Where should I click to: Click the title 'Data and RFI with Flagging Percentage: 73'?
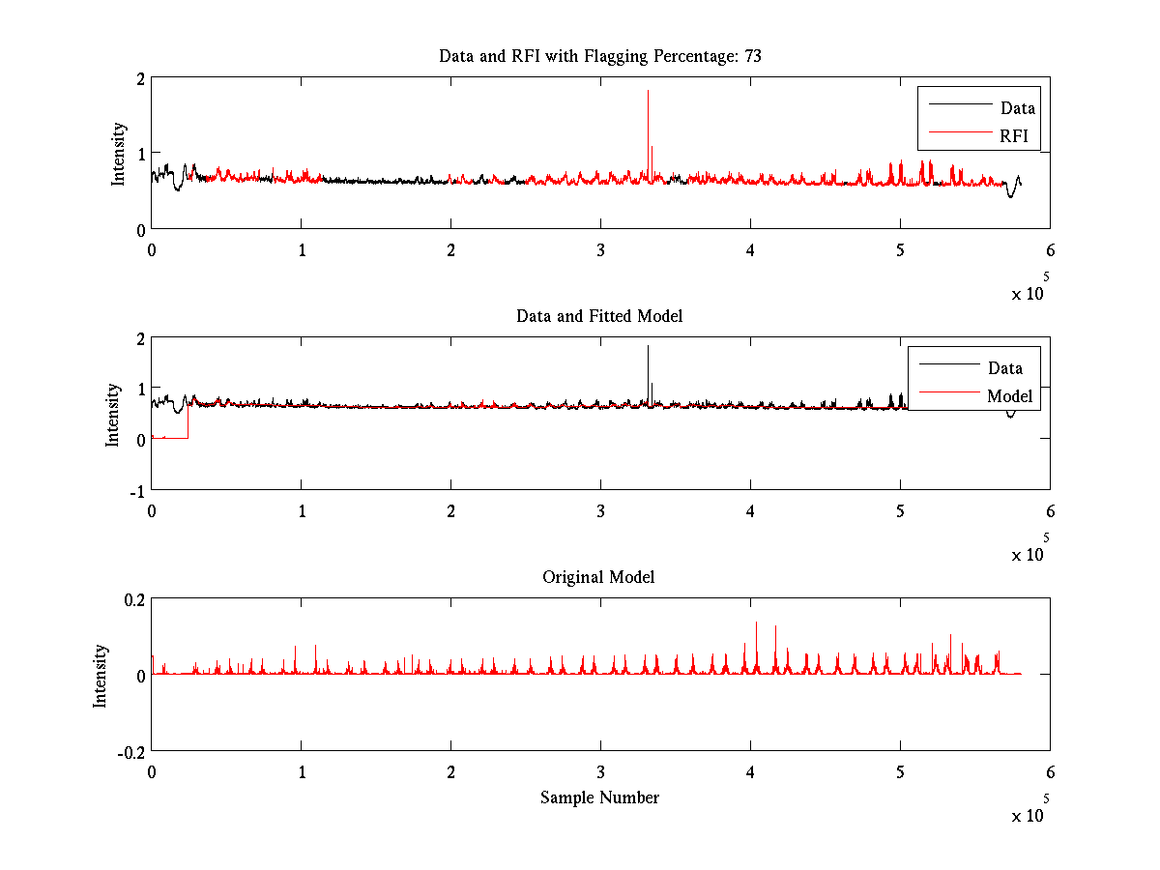tap(599, 56)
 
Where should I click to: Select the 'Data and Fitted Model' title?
tap(599, 316)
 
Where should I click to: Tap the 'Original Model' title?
tap(598, 577)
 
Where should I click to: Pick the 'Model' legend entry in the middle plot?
tap(1009, 396)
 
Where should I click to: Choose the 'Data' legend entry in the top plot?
tap(1017, 108)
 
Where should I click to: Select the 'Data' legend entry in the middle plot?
tap(1004, 368)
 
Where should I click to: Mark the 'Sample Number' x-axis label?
tap(599, 797)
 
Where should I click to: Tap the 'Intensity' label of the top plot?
tap(118, 153)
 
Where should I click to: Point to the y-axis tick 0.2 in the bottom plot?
tap(133, 599)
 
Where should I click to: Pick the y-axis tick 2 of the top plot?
tap(141, 78)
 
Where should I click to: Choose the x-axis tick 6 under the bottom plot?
tap(1050, 772)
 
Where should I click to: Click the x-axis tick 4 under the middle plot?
tap(750, 511)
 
